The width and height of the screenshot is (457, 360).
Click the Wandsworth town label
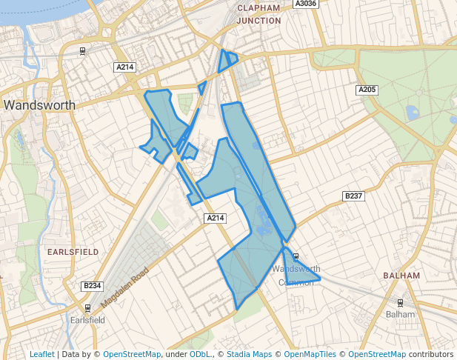pos(39,105)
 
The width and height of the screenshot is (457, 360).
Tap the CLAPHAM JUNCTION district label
pos(258,14)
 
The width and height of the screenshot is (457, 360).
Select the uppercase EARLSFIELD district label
pos(73,252)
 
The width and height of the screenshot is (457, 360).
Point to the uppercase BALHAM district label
pos(401,276)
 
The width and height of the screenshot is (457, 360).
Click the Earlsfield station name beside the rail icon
pos(87,320)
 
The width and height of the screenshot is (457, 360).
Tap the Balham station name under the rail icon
pos(401,314)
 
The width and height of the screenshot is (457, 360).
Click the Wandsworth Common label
pos(296,275)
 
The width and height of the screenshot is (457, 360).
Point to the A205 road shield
pos(367,90)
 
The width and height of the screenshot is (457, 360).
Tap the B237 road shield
pos(354,196)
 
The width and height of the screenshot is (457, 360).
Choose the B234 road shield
pos(92,286)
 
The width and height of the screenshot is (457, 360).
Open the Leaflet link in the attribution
pos(41,354)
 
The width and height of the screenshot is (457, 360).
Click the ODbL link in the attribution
pos(200,354)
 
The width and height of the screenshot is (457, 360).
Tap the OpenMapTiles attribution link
pos(310,354)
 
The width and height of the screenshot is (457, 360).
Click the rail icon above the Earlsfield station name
pos(87,307)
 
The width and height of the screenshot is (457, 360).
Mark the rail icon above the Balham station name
pos(401,302)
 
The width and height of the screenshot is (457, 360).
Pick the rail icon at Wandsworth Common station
pos(296,256)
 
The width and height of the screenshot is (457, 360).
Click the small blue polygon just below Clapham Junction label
pos(227,61)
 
